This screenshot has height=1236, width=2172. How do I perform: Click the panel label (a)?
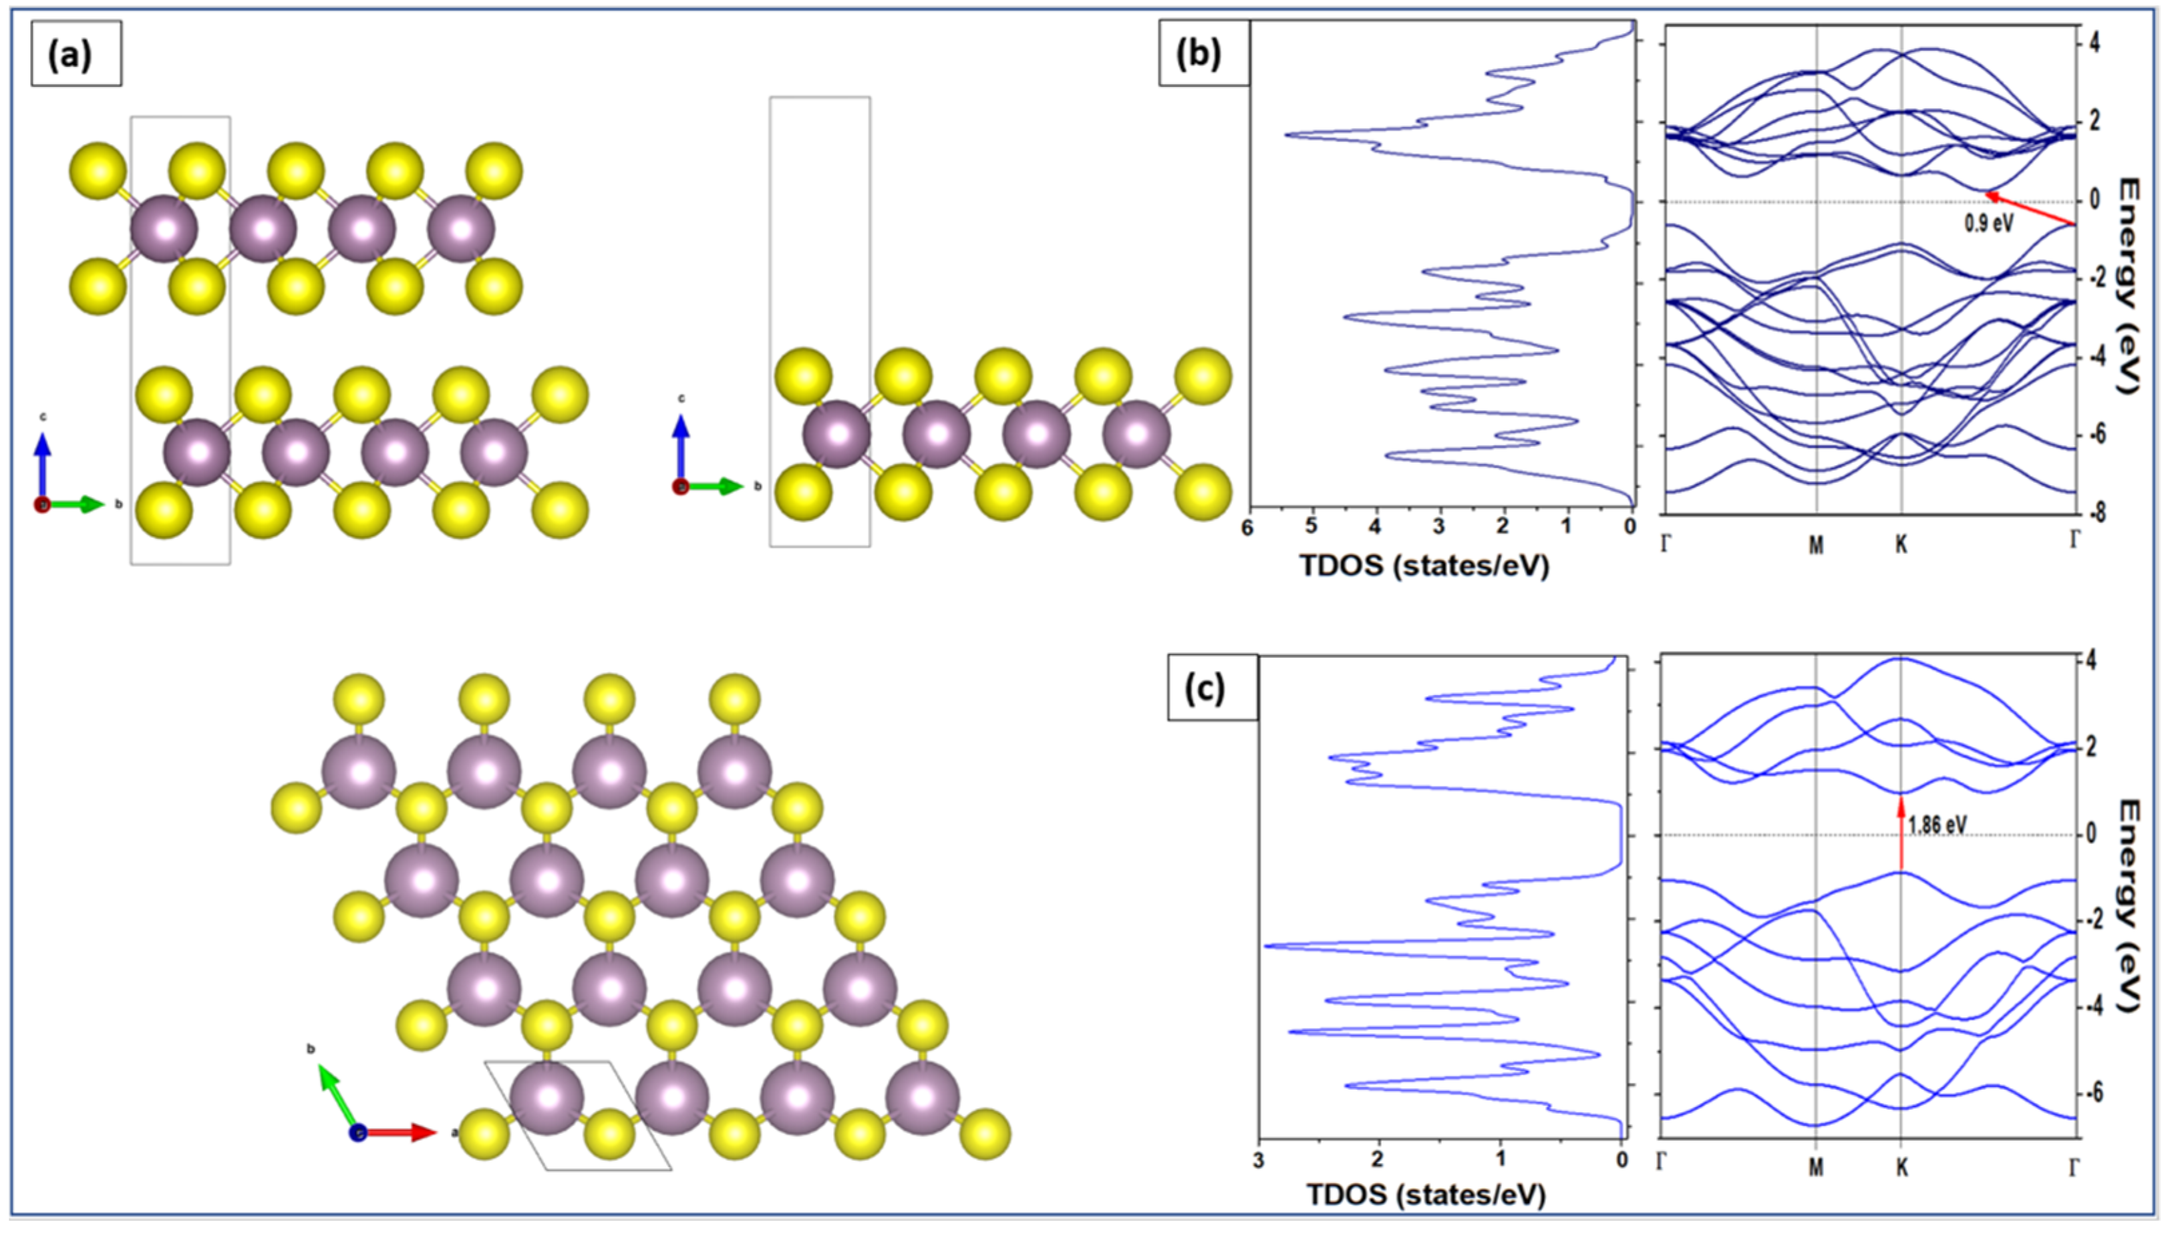[75, 54]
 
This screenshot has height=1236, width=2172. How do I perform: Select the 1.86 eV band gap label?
[1937, 823]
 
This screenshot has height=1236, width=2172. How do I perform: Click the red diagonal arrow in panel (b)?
[2028, 209]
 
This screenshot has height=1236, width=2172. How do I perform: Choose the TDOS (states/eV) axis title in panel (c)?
[1426, 1195]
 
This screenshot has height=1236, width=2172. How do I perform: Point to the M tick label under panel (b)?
[1816, 545]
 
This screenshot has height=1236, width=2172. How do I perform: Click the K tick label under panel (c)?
[1902, 1168]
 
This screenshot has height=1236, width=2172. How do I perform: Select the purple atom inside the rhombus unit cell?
[548, 1096]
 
